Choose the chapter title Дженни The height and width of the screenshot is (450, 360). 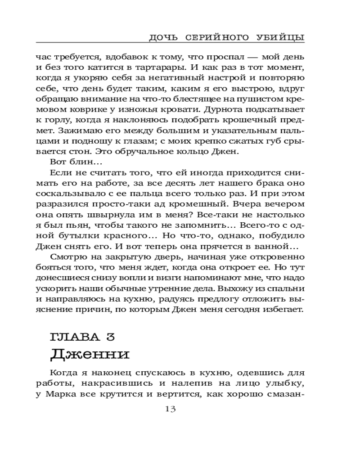tap(90, 354)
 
